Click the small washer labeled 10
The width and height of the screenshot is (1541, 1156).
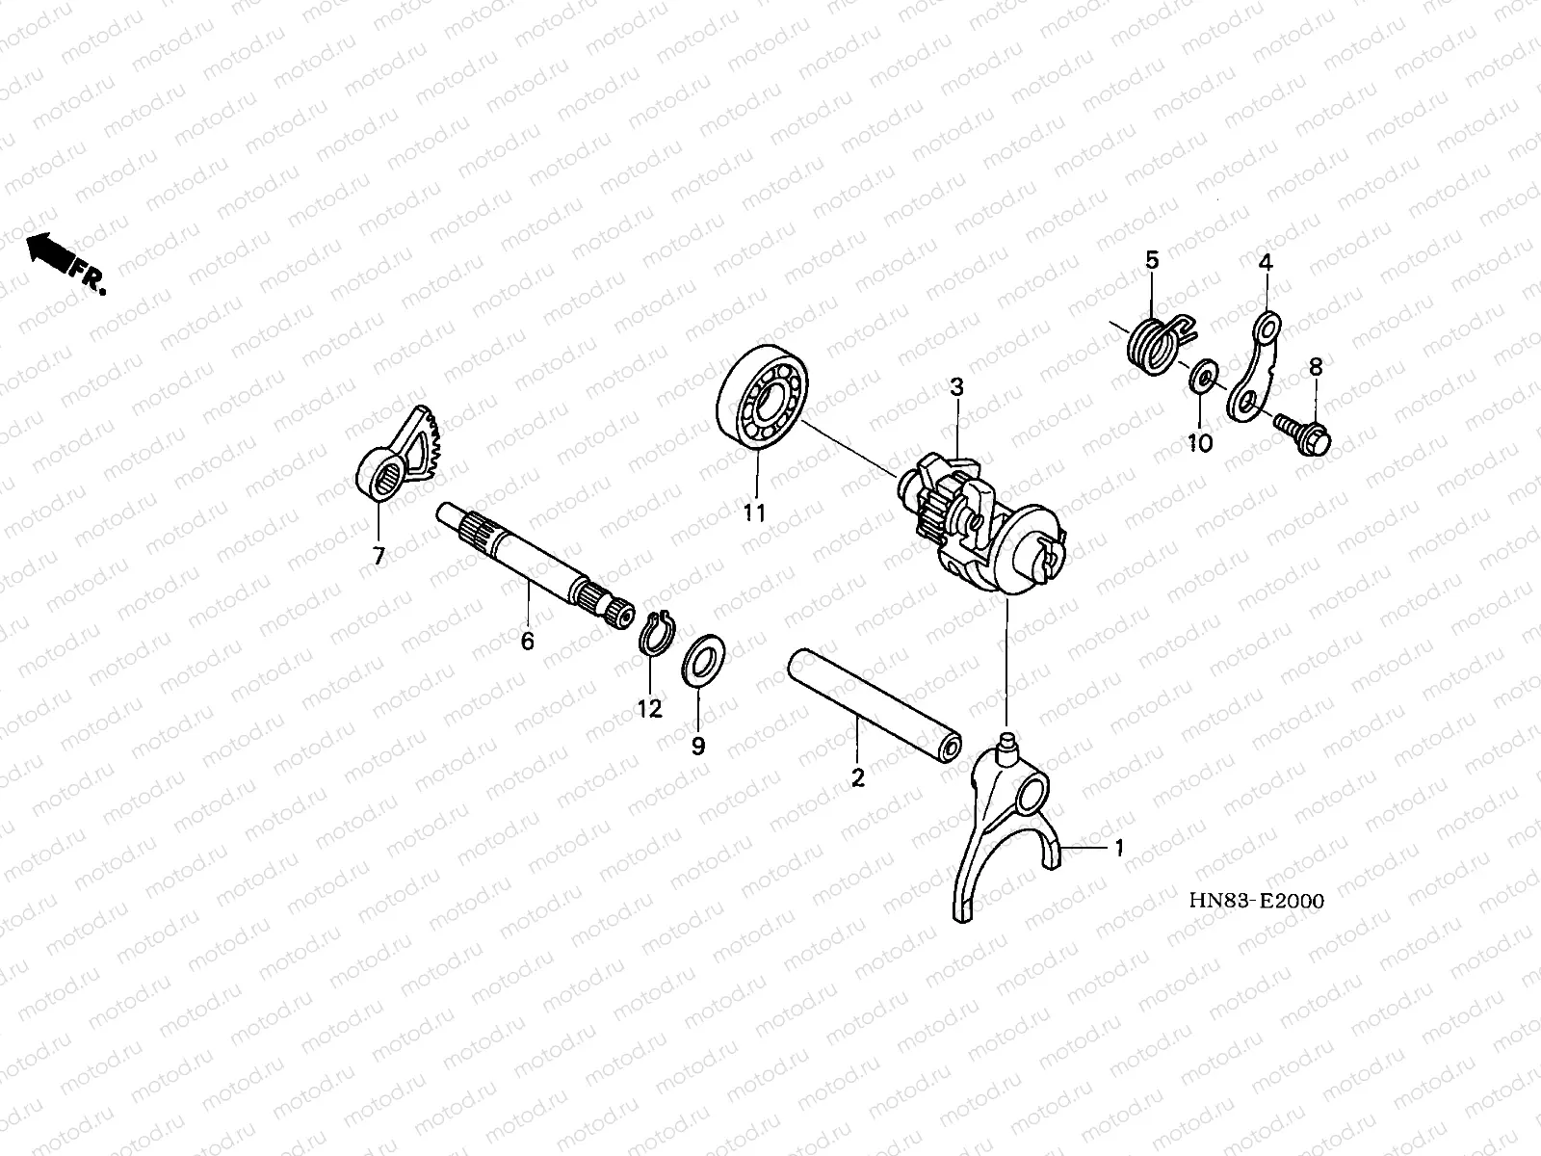[x=1199, y=377]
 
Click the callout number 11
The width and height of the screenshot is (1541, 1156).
[x=753, y=512]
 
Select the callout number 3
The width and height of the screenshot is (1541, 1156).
[x=955, y=387]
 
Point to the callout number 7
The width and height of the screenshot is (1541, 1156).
[x=379, y=556]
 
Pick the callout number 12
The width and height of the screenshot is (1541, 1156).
[x=649, y=709]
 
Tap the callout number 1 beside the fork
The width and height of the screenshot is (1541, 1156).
[x=1118, y=848]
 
